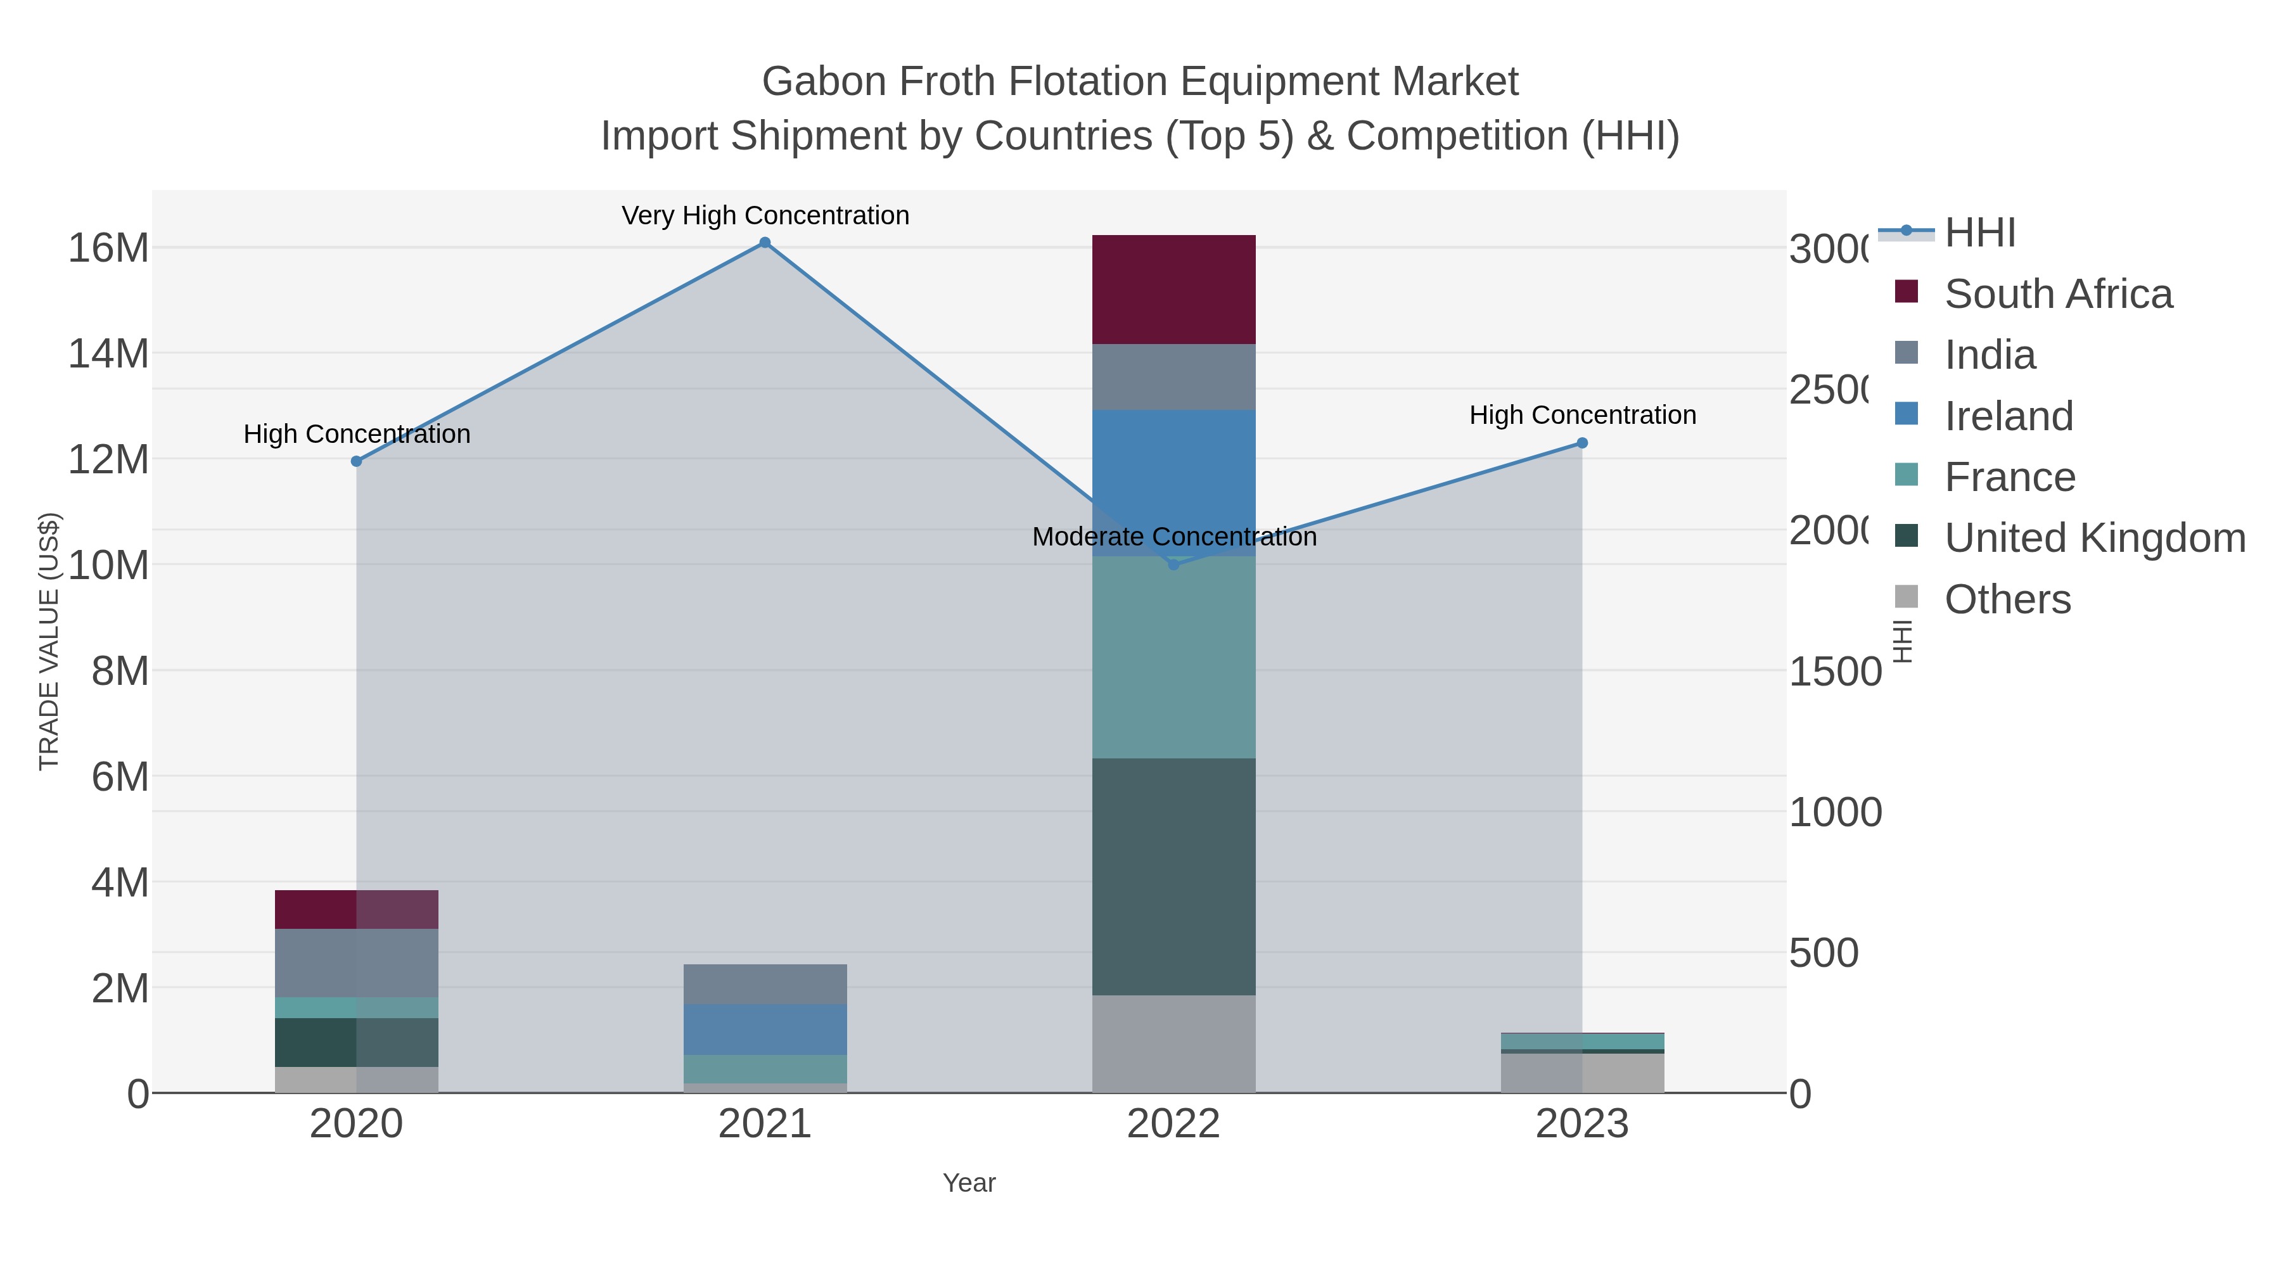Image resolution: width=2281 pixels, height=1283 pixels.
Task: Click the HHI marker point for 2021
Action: [765, 243]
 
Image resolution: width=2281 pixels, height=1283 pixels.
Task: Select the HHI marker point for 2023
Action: [1582, 443]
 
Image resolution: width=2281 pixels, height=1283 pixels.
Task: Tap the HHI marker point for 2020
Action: [357, 461]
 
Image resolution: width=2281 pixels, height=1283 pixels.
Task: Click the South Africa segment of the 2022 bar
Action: [1173, 290]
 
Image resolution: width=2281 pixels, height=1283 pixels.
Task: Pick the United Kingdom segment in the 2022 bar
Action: [1173, 877]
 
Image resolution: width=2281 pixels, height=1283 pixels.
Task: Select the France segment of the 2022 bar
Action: [1173, 657]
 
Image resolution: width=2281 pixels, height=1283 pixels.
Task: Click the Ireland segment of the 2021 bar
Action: [765, 1029]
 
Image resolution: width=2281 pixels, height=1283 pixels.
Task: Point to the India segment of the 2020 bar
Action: [357, 962]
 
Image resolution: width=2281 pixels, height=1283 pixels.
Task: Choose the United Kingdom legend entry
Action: [2094, 537]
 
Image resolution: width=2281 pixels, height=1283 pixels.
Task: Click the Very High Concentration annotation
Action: [765, 215]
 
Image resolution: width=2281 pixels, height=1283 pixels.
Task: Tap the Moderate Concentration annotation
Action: [1174, 537]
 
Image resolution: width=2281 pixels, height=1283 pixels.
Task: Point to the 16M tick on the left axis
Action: [108, 248]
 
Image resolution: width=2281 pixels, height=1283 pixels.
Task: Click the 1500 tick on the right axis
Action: [1835, 671]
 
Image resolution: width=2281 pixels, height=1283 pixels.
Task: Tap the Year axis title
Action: [969, 1183]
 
